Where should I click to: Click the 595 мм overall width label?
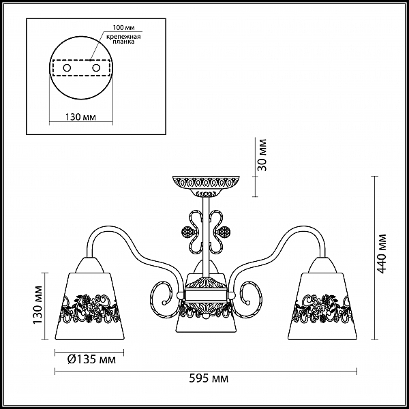point(209,378)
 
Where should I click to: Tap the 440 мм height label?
point(382,254)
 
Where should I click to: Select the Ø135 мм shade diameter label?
point(91,360)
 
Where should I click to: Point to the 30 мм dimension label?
point(262,155)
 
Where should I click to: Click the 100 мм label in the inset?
point(123,28)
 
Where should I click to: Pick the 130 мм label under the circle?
point(80,117)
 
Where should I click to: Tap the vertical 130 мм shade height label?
point(37,305)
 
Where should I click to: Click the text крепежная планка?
point(123,39)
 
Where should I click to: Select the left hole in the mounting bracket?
point(67,68)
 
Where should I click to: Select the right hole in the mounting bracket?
point(96,68)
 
